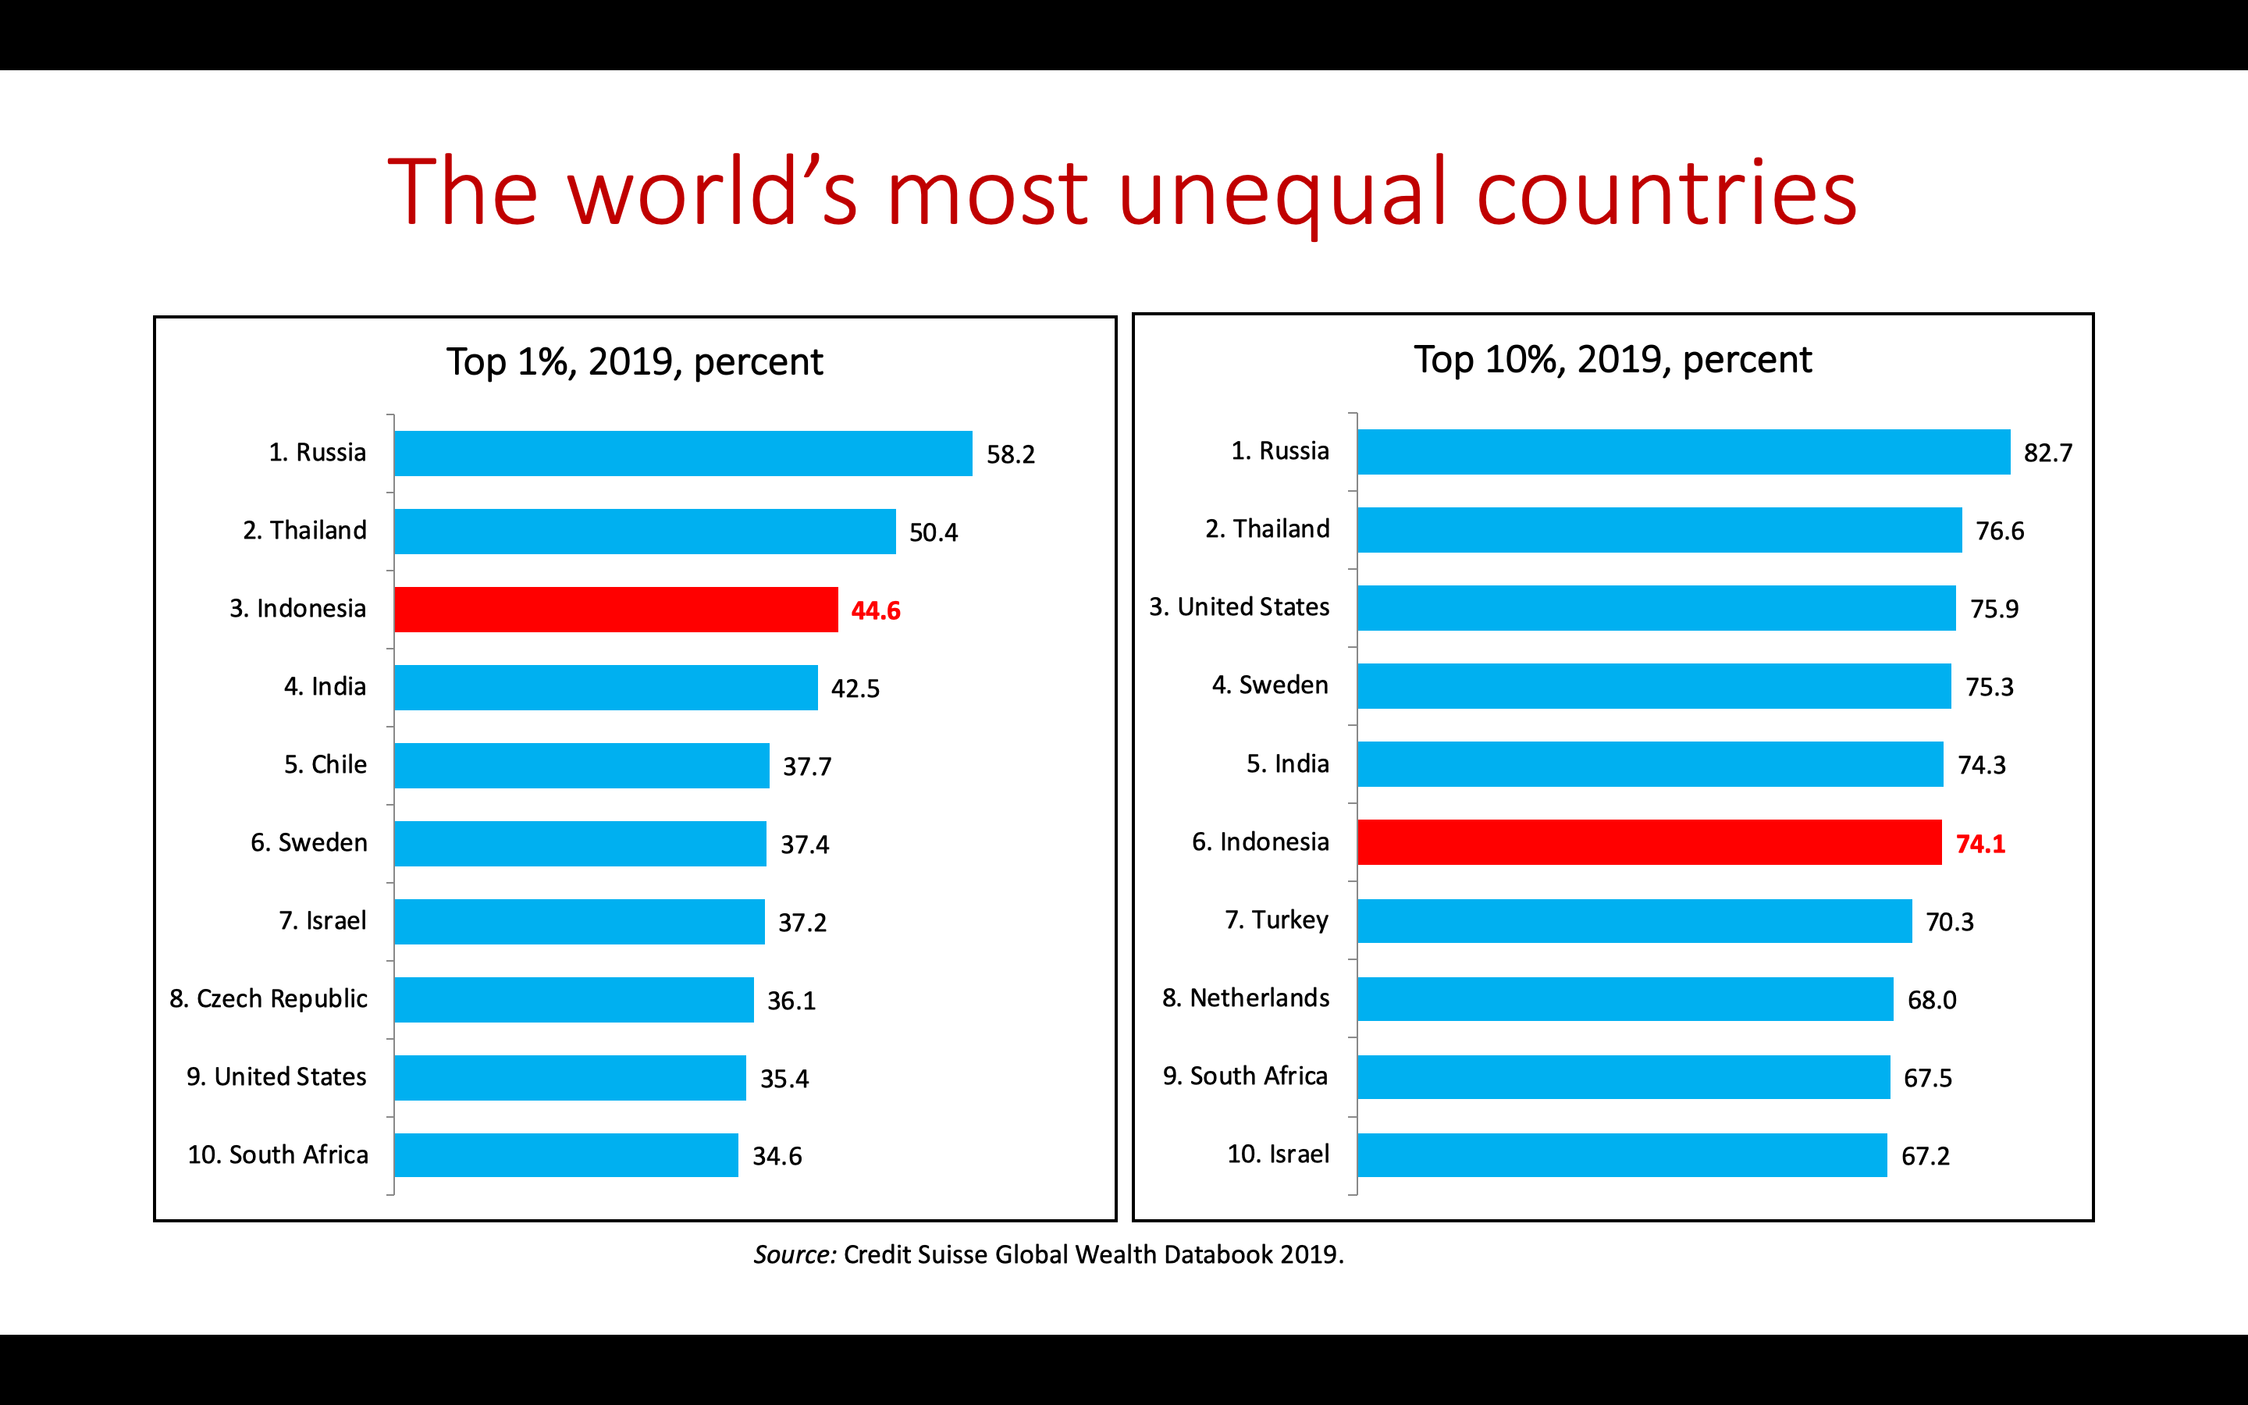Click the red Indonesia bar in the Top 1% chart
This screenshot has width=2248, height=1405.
[615, 610]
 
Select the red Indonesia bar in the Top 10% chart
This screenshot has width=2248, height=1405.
[1649, 842]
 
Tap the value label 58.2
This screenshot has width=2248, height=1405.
[1010, 454]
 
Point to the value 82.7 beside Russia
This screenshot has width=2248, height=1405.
[2047, 453]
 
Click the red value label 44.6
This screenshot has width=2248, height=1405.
[875, 610]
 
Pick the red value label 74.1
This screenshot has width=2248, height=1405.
[1979, 844]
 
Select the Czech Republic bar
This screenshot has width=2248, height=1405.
[573, 1000]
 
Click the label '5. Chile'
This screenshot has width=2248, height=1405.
[325, 765]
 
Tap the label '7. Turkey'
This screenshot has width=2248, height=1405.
[1276, 920]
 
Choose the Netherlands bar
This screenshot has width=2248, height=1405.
[1624, 999]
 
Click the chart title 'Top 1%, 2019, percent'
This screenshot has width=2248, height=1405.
[635, 361]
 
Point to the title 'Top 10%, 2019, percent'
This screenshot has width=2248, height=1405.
[1613, 360]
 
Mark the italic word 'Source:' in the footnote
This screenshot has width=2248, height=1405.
[795, 1254]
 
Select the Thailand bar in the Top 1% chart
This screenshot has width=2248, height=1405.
[645, 532]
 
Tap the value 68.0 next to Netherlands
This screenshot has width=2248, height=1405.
[1931, 1000]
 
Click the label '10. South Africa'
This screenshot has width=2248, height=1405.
[278, 1155]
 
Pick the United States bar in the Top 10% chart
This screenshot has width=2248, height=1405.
[1656, 608]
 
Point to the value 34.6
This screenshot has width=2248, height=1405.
[777, 1156]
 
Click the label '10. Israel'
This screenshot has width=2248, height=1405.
[1279, 1154]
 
